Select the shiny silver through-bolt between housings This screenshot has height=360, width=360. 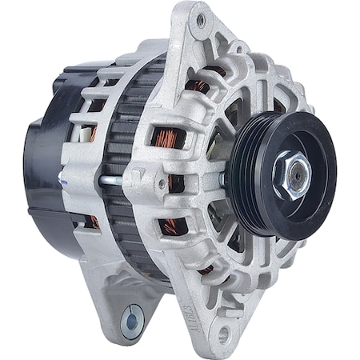[x=112, y=181]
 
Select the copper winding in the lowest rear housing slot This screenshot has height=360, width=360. [x=95, y=222]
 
